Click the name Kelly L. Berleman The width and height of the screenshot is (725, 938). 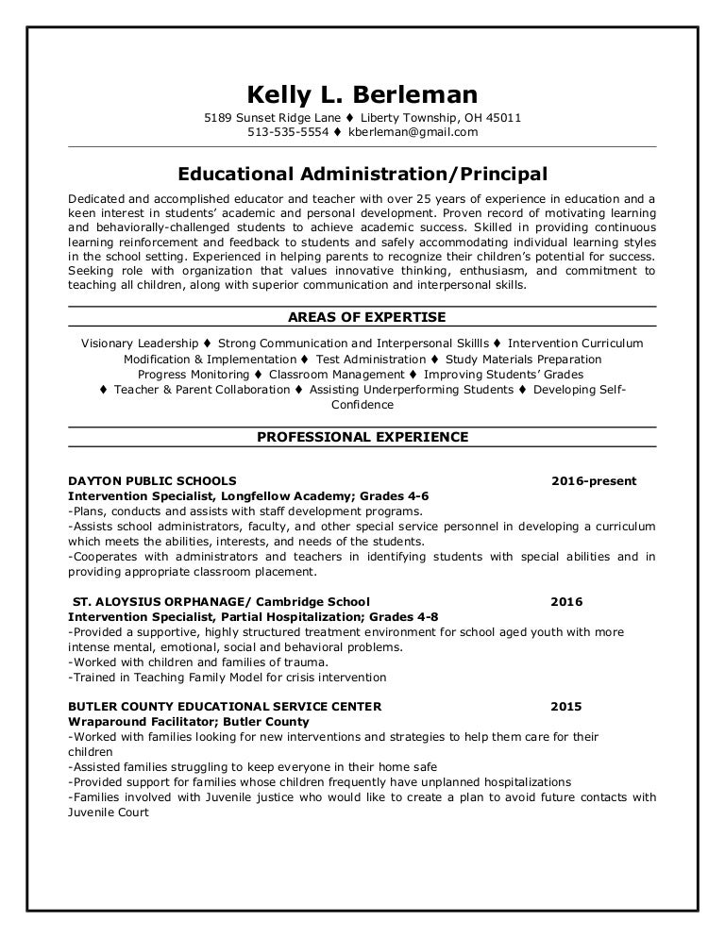click(362, 94)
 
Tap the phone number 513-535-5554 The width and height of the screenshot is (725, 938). click(288, 132)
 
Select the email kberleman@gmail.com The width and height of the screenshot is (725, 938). click(413, 132)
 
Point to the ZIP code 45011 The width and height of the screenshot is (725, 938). click(503, 118)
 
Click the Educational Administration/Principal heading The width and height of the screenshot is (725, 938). click(362, 174)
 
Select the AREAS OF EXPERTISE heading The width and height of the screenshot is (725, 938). click(362, 316)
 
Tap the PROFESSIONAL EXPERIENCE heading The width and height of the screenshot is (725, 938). click(362, 437)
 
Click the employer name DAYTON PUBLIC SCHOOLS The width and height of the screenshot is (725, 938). click(152, 481)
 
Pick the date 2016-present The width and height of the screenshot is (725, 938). click(594, 481)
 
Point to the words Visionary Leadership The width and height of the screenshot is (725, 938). click(140, 343)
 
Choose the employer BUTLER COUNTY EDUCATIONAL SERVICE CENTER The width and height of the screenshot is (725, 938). click(225, 706)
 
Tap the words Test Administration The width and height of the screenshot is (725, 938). click(371, 360)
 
